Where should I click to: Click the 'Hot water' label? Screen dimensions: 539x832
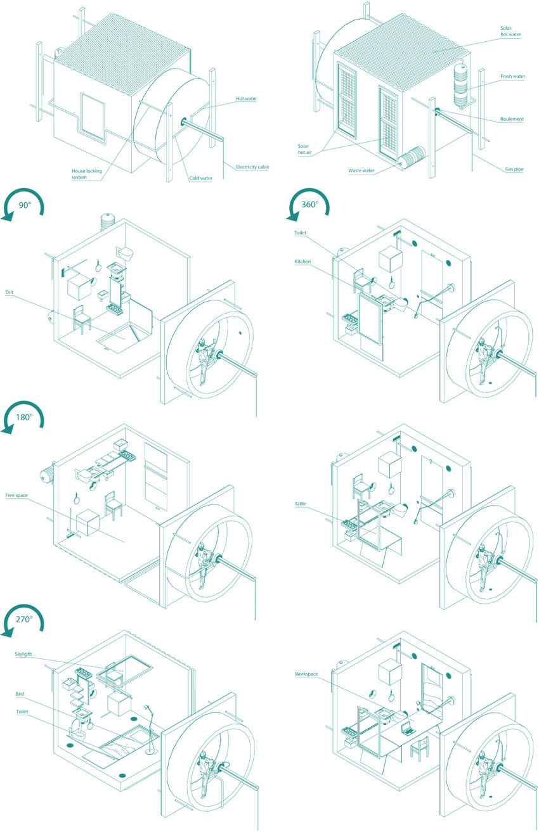tap(246, 98)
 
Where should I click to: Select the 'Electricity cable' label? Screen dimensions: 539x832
tap(252, 167)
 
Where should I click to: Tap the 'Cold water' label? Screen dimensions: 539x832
tap(200, 178)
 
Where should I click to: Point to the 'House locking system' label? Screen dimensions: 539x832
tap(87, 174)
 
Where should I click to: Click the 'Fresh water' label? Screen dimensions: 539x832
tap(512, 76)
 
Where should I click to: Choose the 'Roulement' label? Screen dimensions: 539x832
tap(512, 119)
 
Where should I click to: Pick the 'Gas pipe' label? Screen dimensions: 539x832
tap(514, 169)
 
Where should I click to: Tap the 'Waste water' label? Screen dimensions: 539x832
tap(361, 170)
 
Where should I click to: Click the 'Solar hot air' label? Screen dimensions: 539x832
tap(304, 149)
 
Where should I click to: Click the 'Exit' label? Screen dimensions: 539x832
tap(9, 292)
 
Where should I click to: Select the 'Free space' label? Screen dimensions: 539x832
tap(16, 495)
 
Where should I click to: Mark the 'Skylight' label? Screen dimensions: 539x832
tap(23, 654)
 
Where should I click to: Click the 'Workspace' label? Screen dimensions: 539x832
tap(306, 674)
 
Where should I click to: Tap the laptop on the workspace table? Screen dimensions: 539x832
tap(408, 727)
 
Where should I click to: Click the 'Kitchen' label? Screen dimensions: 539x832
tap(302, 262)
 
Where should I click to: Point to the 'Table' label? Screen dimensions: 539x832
tap(301, 504)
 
